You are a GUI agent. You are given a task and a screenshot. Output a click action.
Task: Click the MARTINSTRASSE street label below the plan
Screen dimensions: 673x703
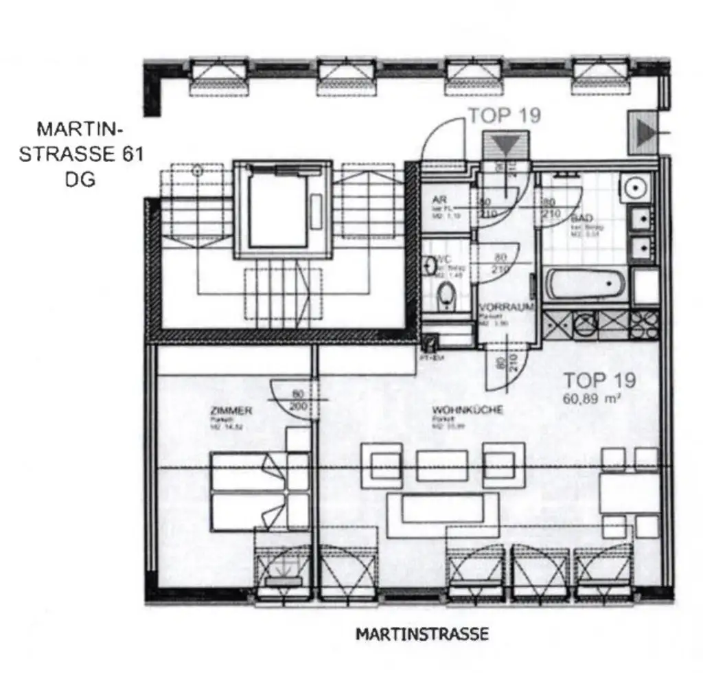click(x=422, y=633)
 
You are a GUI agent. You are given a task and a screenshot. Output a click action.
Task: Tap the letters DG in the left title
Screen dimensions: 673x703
click(x=80, y=181)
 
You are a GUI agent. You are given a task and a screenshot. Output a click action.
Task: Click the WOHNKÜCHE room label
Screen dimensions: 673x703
click(x=468, y=410)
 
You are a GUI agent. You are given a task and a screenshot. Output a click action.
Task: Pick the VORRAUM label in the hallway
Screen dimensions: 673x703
click(x=507, y=307)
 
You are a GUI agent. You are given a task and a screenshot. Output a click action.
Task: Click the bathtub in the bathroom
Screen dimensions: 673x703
click(x=585, y=284)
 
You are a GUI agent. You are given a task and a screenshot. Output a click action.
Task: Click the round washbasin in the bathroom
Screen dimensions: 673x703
click(x=635, y=185)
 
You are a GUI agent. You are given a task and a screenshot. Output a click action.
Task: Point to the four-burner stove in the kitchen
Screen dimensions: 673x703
click(x=644, y=321)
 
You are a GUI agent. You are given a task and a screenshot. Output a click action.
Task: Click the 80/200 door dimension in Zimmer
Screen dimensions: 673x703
click(x=297, y=401)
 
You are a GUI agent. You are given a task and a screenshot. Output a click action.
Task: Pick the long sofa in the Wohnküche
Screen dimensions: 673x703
click(x=443, y=514)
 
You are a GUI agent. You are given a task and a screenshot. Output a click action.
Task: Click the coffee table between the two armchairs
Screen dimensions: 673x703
click(x=443, y=465)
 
